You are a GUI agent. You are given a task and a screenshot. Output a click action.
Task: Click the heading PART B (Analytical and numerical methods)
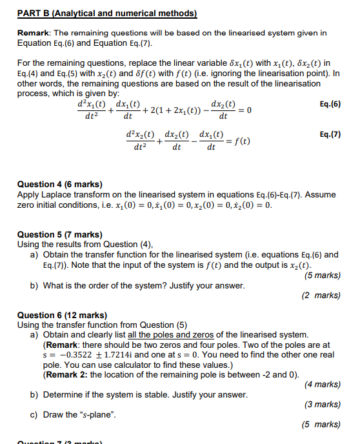click(106, 12)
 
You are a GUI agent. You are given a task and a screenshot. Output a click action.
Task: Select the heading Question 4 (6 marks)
click(59, 185)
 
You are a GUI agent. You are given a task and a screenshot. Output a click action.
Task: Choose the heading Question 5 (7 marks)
click(59, 234)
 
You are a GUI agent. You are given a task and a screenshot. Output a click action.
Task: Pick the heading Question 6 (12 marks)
click(62, 316)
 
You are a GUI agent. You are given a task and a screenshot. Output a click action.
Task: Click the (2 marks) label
click(321, 296)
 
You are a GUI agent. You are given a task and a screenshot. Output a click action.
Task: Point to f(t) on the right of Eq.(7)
click(241, 141)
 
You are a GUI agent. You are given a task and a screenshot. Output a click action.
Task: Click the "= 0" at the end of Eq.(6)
click(245, 110)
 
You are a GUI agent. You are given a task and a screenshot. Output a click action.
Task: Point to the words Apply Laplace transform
click(55, 194)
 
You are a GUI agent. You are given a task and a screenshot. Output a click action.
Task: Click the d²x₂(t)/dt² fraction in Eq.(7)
click(140, 141)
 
